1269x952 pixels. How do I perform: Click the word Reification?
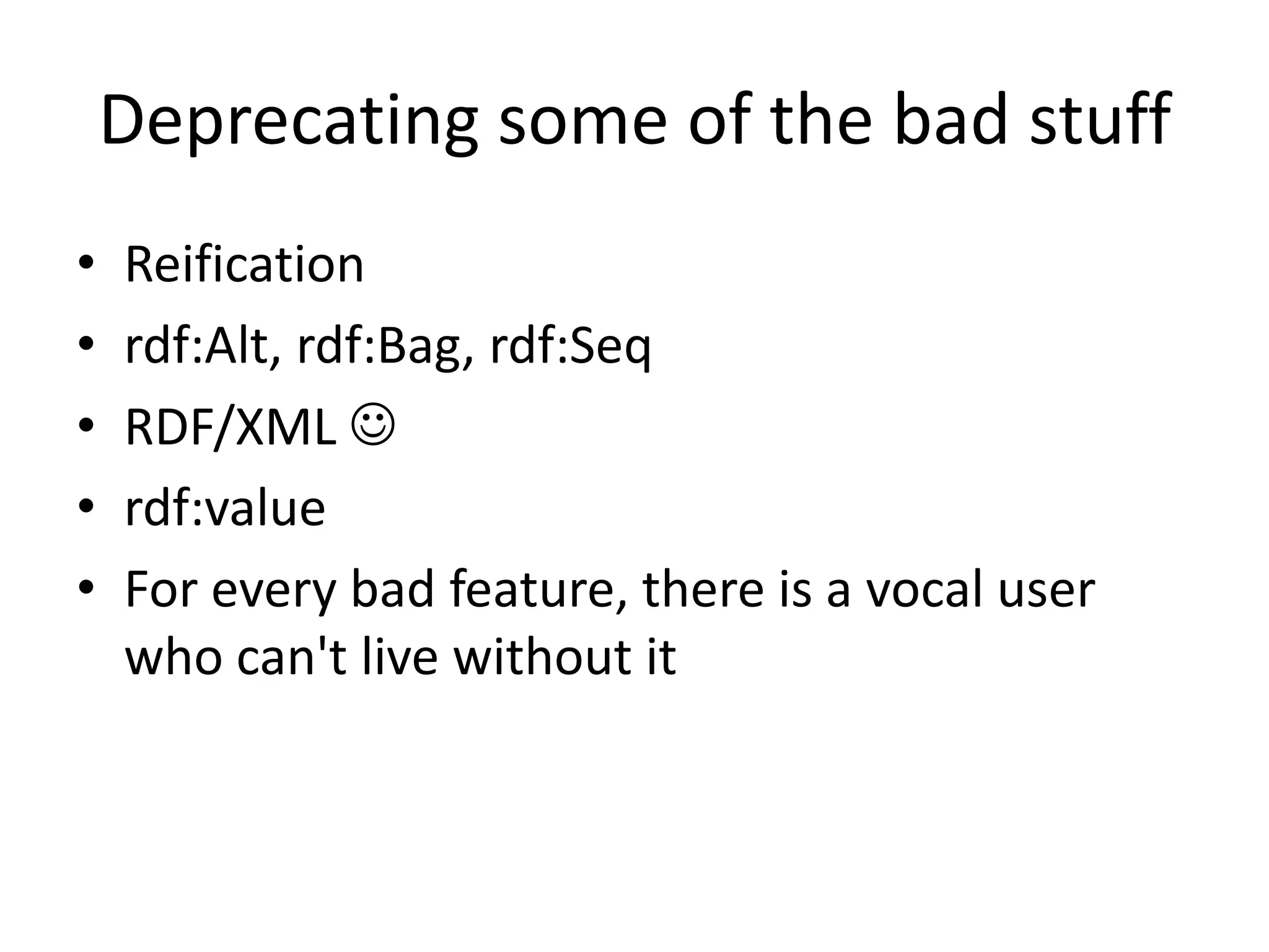click(244, 265)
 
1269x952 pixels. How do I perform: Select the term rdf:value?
click(225, 509)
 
